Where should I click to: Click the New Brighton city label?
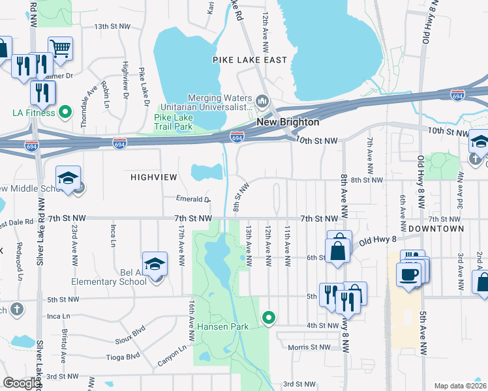[288, 122]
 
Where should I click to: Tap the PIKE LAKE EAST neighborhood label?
[250, 60]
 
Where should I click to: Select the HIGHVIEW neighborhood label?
[153, 177]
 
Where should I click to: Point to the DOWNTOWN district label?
[436, 229]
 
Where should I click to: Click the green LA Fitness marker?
[65, 112]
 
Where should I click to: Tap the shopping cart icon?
[60, 48]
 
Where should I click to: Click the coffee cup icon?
[409, 274]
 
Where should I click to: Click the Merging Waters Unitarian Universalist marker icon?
[263, 101]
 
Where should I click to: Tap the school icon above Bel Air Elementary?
[155, 263]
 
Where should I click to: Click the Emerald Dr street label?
[193, 199]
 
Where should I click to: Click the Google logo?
[22, 383]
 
